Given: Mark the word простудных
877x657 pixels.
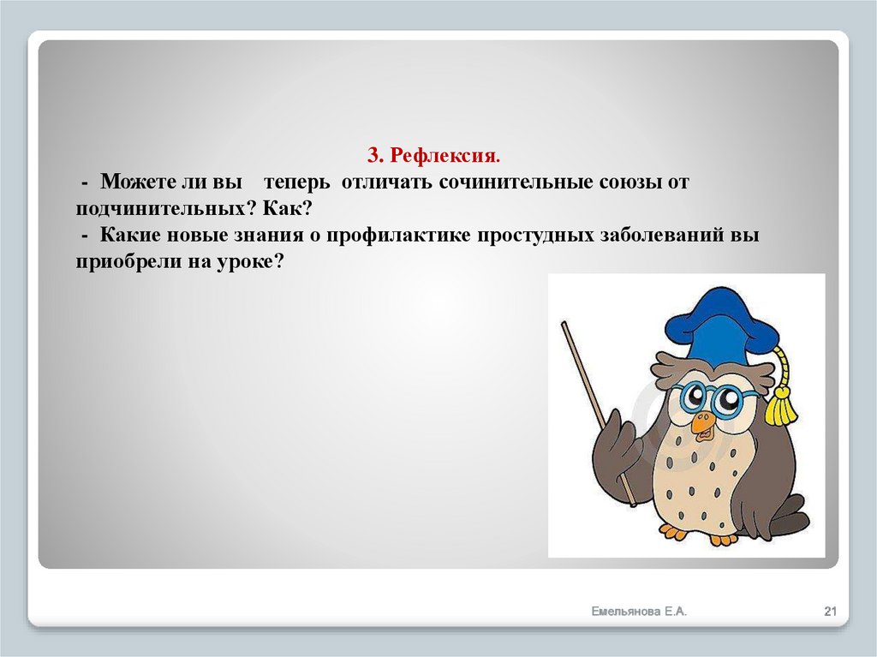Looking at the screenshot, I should (x=531, y=236).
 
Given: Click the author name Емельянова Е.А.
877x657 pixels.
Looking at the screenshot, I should (x=639, y=611).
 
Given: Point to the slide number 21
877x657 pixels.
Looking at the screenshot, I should (x=829, y=611).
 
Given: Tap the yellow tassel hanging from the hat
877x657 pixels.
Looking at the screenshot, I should (x=780, y=403).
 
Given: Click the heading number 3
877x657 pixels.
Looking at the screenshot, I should (x=374, y=156).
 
